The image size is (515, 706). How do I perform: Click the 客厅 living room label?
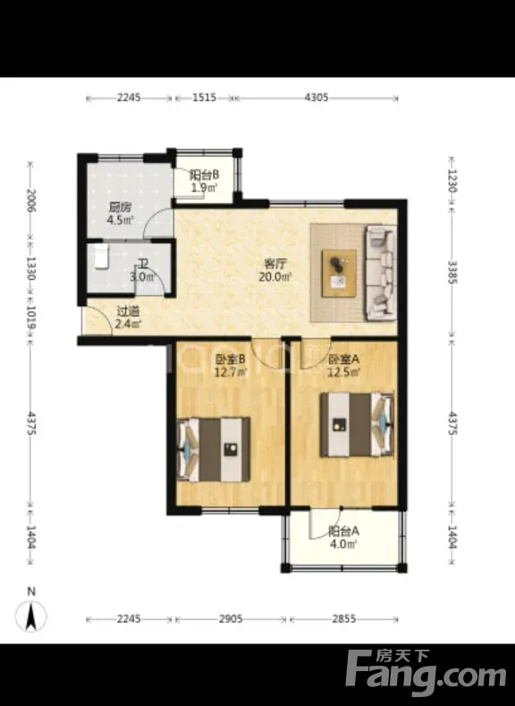pyautogui.click(x=275, y=263)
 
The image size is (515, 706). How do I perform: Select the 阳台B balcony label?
pyautogui.click(x=204, y=174)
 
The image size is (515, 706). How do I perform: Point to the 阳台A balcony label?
pyautogui.click(x=343, y=531)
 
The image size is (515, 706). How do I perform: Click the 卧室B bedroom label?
pyautogui.click(x=231, y=360)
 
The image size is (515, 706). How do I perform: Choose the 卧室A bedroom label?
pyautogui.click(x=343, y=360)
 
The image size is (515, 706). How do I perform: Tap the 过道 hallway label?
pyautogui.click(x=128, y=311)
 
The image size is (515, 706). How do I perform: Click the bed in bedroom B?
pyautogui.click(x=214, y=449)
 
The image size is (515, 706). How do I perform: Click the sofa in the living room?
pyautogui.click(x=381, y=272)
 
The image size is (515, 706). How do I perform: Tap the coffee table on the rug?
pyautogui.click(x=339, y=273)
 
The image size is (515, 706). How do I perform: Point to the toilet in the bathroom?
pyautogui.click(x=102, y=257)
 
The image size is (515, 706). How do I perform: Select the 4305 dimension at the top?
pyautogui.click(x=317, y=98)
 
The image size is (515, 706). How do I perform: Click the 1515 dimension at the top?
pyautogui.click(x=205, y=98)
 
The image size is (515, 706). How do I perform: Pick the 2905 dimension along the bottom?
pyautogui.click(x=231, y=618)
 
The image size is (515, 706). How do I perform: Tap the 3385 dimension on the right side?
pyautogui.click(x=452, y=272)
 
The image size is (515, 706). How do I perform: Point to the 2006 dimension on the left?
pyautogui.click(x=30, y=200)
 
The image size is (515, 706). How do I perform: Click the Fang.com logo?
pyautogui.click(x=426, y=673)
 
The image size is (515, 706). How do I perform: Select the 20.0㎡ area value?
pyautogui.click(x=275, y=276)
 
